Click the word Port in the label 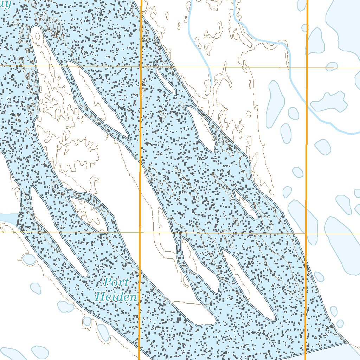(x=117, y=282)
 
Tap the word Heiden (x=116, y=297)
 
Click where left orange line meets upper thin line (x=141, y=66)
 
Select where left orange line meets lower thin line (x=140, y=232)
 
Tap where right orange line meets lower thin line (x=306, y=233)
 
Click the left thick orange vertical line (x=141, y=148)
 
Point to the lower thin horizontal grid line (x=70, y=232)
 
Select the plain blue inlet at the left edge (x=8, y=218)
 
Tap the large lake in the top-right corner (x=345, y=25)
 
